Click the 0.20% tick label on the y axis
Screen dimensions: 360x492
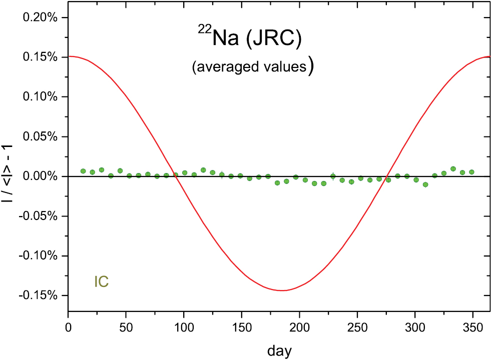tap(42, 17)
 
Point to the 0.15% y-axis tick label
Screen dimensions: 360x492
tap(42, 57)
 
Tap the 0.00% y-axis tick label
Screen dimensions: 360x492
tap(42, 176)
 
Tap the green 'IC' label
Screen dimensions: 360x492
tap(102, 282)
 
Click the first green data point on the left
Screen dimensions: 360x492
tap(83, 171)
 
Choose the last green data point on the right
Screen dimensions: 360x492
tap(471, 172)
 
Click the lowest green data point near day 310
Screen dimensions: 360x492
tap(425, 184)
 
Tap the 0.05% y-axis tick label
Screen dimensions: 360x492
tap(42, 136)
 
